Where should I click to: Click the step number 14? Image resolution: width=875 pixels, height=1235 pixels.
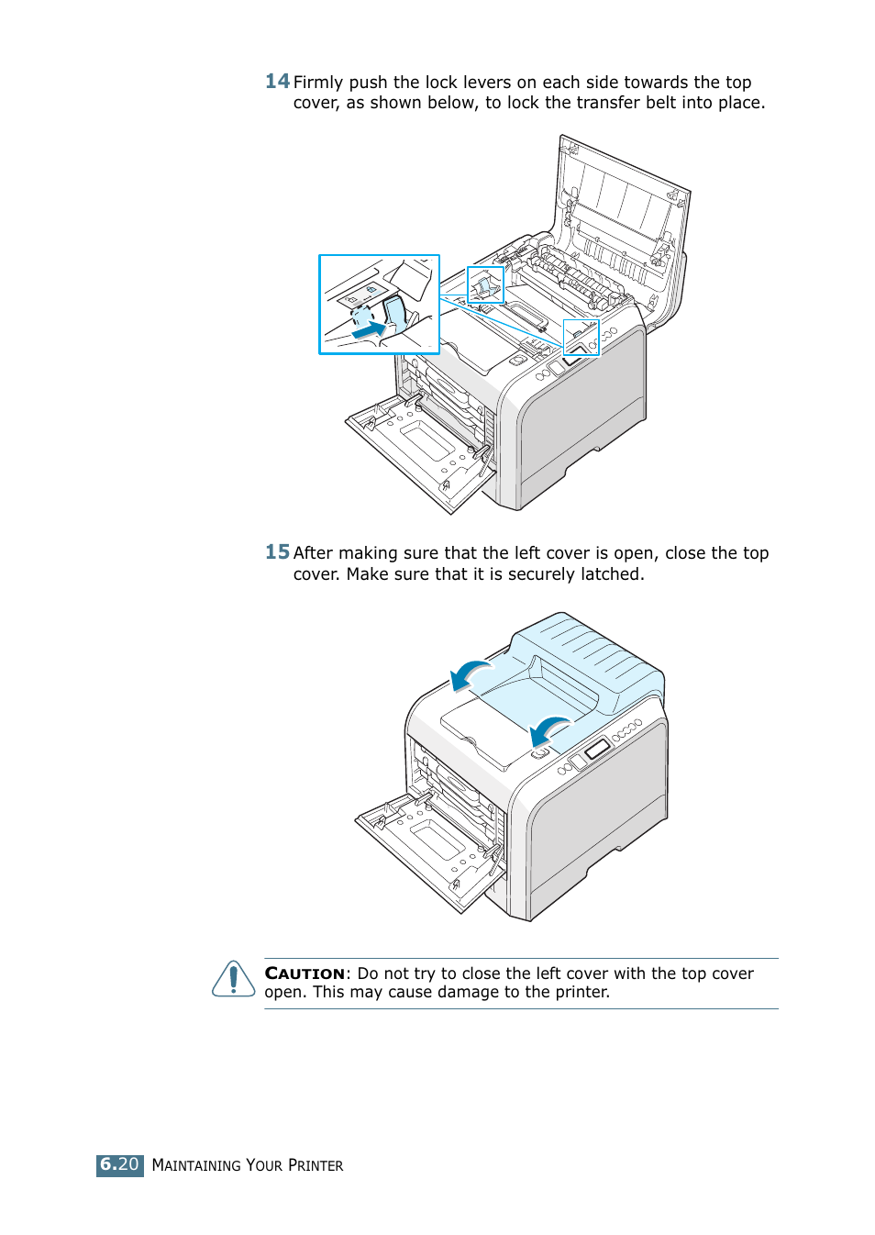277,82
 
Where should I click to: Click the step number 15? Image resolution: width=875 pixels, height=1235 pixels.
277,552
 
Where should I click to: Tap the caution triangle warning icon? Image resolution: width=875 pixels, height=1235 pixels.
234,979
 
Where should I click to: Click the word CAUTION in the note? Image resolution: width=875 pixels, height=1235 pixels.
305,974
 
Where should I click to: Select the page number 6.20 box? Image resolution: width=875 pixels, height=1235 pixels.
120,1164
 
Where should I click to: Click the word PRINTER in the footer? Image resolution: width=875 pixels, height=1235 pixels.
316,1165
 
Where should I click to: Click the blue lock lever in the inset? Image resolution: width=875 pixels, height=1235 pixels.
395,313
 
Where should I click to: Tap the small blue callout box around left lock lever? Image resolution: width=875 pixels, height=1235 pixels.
485,285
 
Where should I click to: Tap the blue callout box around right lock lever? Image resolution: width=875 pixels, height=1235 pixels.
581,337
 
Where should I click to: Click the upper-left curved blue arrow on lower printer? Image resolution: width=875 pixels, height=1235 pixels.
469,674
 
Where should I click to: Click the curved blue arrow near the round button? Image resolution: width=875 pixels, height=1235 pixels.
549,729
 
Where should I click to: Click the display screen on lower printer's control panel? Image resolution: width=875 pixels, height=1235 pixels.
597,749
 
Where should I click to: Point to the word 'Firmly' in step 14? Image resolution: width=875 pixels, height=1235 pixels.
318,83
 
